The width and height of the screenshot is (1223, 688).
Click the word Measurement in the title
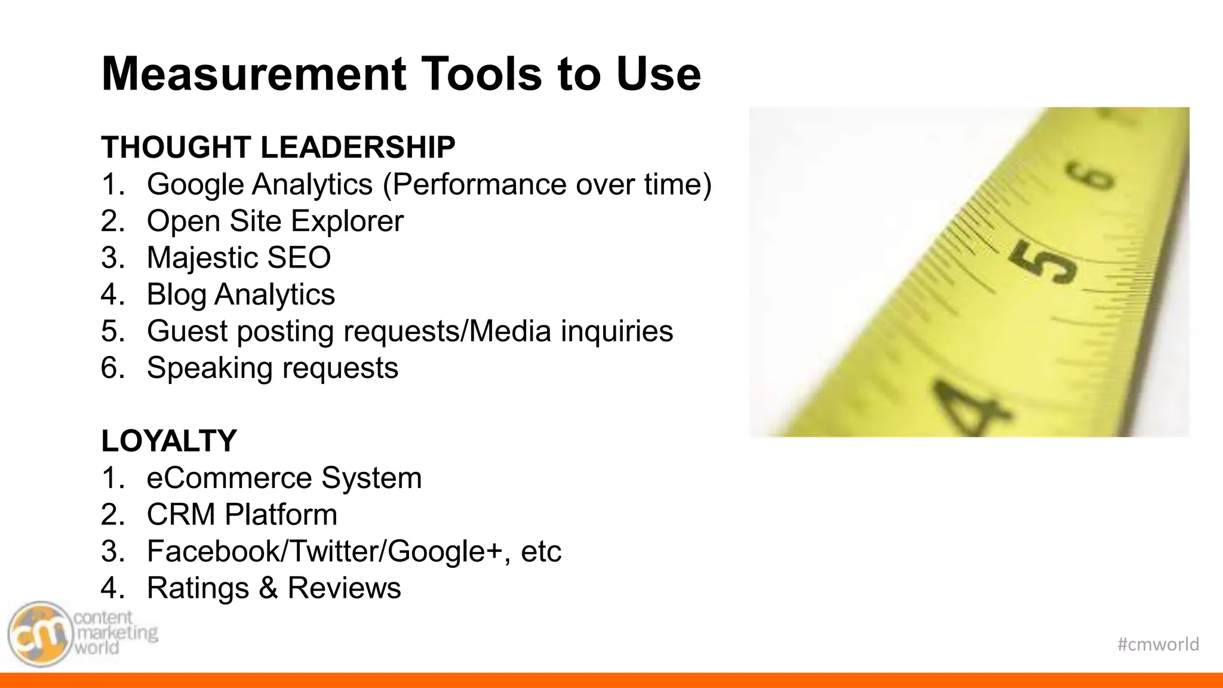pyautogui.click(x=254, y=74)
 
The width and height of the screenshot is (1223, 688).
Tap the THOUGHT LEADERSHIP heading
pyautogui.click(x=278, y=148)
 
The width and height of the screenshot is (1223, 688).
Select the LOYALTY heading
pyautogui.click(x=169, y=441)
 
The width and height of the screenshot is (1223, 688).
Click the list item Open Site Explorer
pyautogui.click(x=275, y=221)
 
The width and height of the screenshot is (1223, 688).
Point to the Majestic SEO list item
pyautogui.click(x=239, y=258)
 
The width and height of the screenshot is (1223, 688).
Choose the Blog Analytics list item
pyautogui.click(x=241, y=294)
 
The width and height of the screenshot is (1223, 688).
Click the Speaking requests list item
pyautogui.click(x=272, y=368)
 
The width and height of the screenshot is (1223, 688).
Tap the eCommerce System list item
pyautogui.click(x=284, y=478)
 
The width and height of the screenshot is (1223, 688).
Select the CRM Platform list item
pyautogui.click(x=242, y=515)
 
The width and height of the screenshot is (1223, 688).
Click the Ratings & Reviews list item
pyautogui.click(x=274, y=588)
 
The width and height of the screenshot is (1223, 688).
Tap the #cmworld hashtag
pyautogui.click(x=1158, y=644)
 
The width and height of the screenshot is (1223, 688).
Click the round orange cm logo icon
pyautogui.click(x=39, y=634)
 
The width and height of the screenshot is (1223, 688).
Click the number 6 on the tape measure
pyautogui.click(x=1092, y=178)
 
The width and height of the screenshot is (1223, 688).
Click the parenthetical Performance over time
pyautogui.click(x=548, y=185)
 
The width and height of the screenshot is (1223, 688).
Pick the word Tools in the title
pyautogui.click(x=482, y=74)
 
